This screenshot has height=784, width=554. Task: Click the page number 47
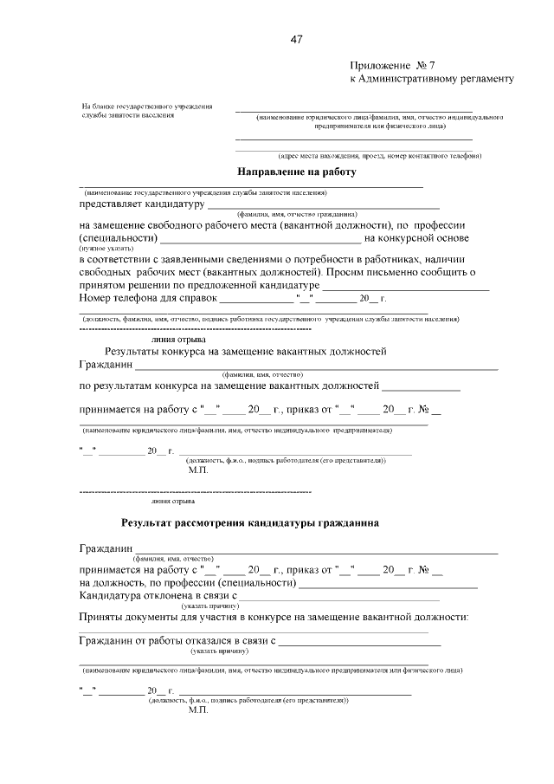click(x=296, y=40)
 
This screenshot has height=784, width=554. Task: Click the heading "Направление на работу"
click(x=297, y=172)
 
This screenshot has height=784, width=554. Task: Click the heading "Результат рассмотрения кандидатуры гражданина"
click(x=249, y=523)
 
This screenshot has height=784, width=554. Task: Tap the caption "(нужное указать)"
click(x=102, y=248)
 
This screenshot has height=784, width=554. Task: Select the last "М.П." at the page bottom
click(x=198, y=709)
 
